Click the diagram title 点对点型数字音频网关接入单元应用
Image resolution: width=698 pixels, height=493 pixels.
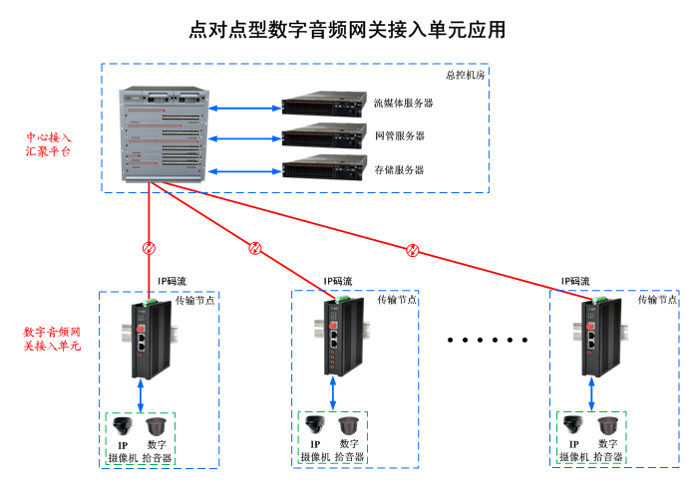click(348, 30)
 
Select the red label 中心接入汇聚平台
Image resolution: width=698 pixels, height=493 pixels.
click(47, 143)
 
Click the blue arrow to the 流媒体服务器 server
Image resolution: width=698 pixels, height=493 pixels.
click(242, 107)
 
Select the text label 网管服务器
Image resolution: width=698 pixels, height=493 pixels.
click(399, 136)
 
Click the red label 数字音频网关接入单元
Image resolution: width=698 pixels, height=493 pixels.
click(52, 338)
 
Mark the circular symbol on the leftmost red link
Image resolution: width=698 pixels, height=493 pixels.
click(149, 247)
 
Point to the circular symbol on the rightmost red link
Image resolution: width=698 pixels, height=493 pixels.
click(413, 249)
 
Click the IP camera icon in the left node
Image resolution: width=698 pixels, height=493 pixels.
click(122, 425)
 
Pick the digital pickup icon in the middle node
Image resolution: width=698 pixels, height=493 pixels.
click(348, 425)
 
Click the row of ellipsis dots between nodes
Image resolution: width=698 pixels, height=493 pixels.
click(487, 340)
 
